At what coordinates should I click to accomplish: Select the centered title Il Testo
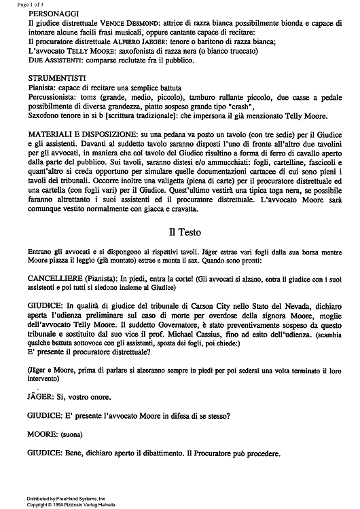tap(180, 231)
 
